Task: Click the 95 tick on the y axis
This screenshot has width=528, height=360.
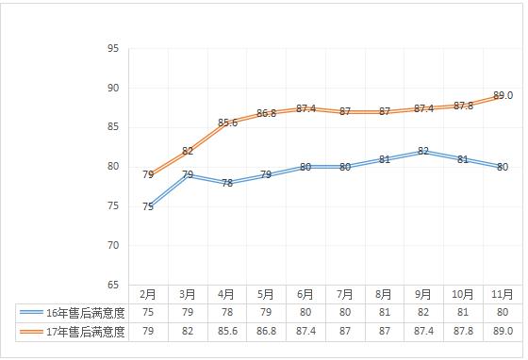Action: pos(112,49)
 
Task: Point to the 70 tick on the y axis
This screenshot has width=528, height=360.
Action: pos(112,245)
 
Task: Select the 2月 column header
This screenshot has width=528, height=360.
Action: pos(148,294)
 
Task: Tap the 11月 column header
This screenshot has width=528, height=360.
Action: pos(503,294)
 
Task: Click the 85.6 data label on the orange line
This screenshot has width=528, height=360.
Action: pos(227,123)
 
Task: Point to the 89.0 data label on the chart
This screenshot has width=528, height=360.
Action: pos(503,96)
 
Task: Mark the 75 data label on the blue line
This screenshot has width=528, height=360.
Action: pos(148,206)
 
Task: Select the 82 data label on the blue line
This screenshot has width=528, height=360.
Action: pos(423,151)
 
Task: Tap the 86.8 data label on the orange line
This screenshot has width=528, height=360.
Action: pos(266,114)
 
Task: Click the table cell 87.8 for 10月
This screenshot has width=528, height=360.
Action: pos(463,331)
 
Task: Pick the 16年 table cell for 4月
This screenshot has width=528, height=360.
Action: pos(227,312)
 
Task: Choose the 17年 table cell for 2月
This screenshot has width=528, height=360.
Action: pos(148,331)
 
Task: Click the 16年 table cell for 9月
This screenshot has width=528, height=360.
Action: pos(423,312)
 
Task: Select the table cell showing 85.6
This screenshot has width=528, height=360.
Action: pos(227,331)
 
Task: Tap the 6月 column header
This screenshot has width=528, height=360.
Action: pos(305,294)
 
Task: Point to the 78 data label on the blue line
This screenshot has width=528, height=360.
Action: pos(227,183)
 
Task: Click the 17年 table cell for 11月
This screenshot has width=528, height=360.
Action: pos(503,331)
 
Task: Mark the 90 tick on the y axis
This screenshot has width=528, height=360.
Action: pos(112,88)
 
